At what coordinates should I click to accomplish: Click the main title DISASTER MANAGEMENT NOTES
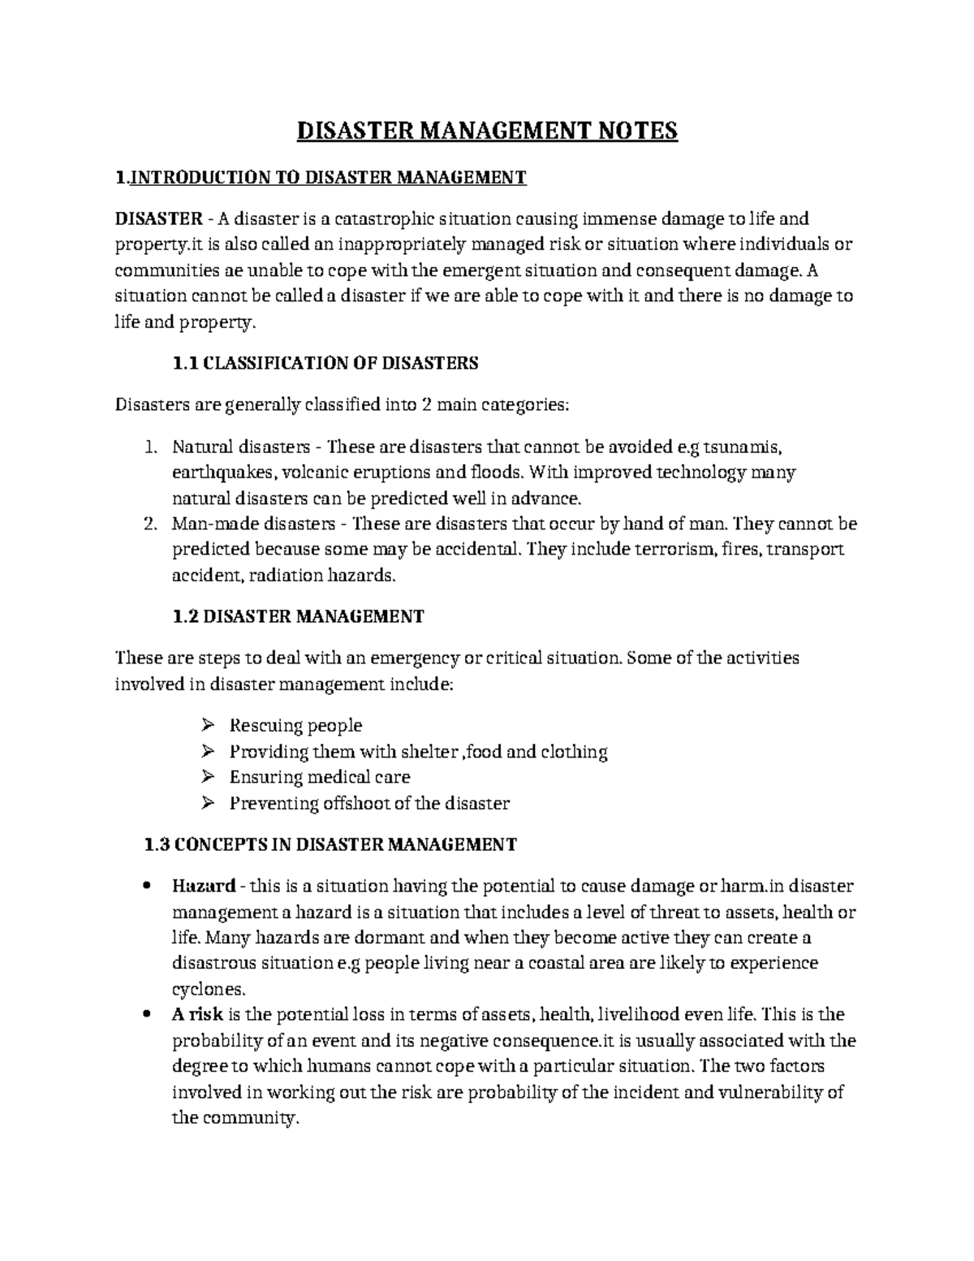coord(486,132)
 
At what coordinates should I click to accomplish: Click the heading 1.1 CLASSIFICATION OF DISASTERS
coord(325,363)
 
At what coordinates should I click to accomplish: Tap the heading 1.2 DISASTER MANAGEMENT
coord(298,616)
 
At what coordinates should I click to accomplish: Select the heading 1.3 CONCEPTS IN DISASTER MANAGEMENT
coord(329,844)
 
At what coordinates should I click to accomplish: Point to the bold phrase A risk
coord(197,1014)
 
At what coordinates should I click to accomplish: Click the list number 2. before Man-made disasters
coord(149,525)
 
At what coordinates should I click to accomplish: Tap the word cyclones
coord(207,990)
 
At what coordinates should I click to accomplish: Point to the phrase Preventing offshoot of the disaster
coord(369,804)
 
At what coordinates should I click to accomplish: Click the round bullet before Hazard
coord(145,886)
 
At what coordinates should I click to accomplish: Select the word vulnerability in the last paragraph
coord(771,1092)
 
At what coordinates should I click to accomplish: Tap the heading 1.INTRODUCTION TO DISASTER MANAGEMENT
coord(321,177)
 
